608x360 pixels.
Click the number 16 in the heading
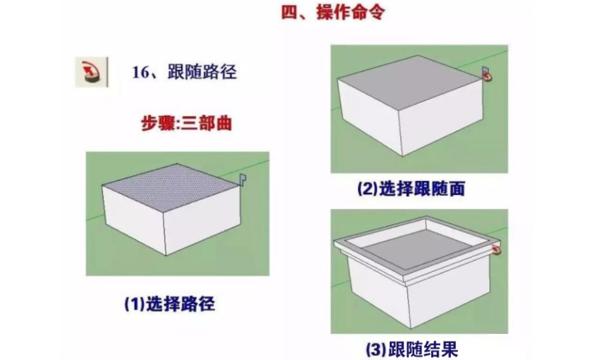pos(141,73)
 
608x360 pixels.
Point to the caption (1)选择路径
pos(169,303)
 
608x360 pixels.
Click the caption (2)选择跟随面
pos(411,189)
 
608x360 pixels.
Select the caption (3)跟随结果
pos(411,348)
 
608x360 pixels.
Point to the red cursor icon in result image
pos(496,249)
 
